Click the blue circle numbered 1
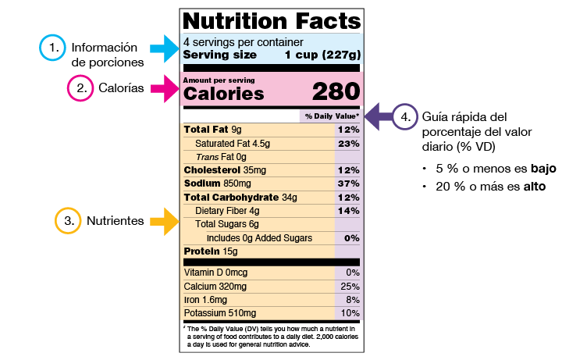pyautogui.click(x=52, y=48)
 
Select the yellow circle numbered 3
pyautogui.click(x=67, y=221)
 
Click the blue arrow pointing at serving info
pyautogui.click(x=165, y=48)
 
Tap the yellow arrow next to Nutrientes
pyautogui.click(x=164, y=221)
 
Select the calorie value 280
pyautogui.click(x=336, y=92)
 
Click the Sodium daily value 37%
pyautogui.click(x=349, y=183)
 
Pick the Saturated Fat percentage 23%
pyautogui.click(x=349, y=143)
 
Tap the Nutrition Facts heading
pyautogui.click(x=271, y=20)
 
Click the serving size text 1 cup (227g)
pyautogui.click(x=322, y=55)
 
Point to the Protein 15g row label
pyautogui.click(x=210, y=251)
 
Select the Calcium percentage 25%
pyautogui.click(x=350, y=286)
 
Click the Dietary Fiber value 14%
pyautogui.click(x=349, y=210)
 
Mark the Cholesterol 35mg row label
pyautogui.click(x=224, y=169)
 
